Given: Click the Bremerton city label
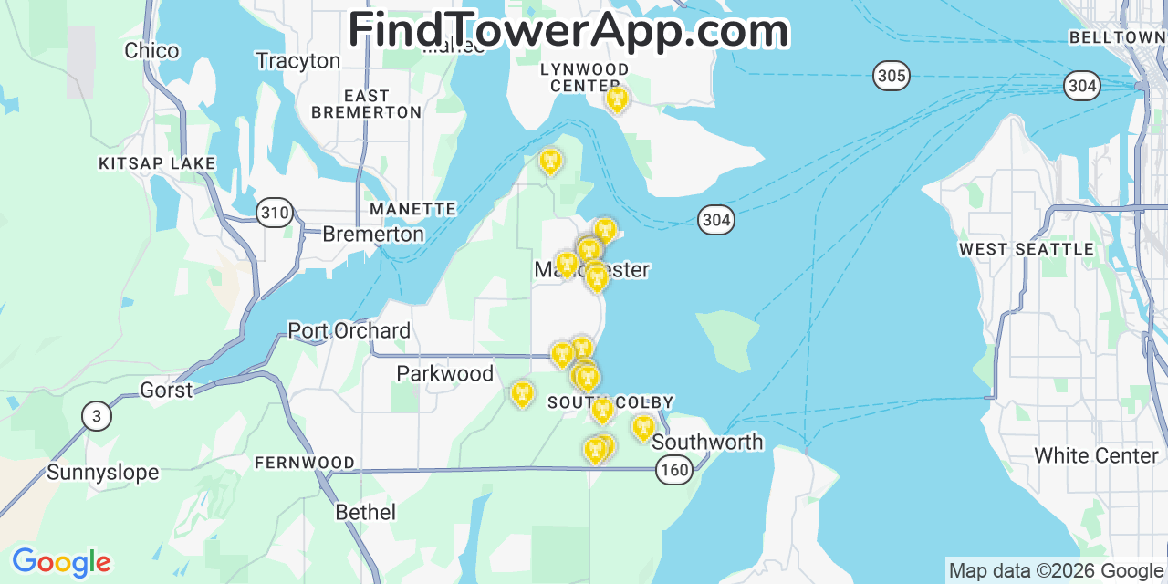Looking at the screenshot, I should [x=373, y=235].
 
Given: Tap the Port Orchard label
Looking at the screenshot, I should [x=349, y=330].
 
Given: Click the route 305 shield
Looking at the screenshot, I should [x=891, y=75].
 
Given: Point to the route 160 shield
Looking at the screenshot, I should [x=674, y=470].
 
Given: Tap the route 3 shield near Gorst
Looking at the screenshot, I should [x=97, y=416].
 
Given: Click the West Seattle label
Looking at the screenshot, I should [x=1026, y=249].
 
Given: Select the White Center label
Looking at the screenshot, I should [x=1096, y=455].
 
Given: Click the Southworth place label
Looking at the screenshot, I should [x=707, y=443].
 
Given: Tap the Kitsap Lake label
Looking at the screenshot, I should [x=157, y=164].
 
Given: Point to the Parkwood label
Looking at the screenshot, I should [x=444, y=373].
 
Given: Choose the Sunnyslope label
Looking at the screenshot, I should [x=102, y=473].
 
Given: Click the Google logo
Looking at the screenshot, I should [x=60, y=562].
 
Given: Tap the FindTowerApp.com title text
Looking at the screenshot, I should [x=568, y=30].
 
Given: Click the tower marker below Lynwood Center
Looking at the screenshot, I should [x=617, y=99].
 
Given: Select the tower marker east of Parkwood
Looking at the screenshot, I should [x=522, y=393].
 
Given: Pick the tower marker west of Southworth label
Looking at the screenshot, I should [x=642, y=427].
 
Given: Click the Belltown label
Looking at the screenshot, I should [x=1116, y=37].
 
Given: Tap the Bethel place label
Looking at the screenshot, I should [x=365, y=512].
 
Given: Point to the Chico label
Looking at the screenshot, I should [x=151, y=51].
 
